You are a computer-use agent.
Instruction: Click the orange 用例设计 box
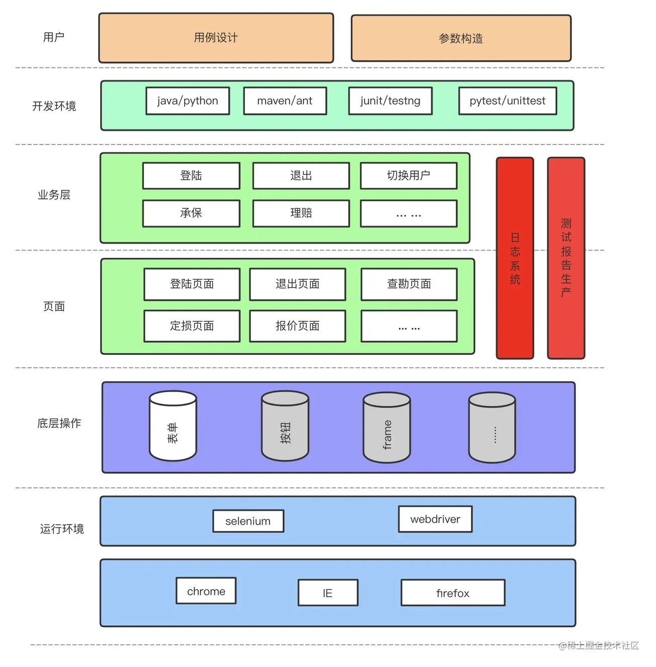point(216,38)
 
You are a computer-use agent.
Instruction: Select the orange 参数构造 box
point(461,38)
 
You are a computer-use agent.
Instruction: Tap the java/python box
point(188,101)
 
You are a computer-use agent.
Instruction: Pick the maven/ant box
point(285,101)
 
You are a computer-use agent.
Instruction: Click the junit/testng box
point(390,101)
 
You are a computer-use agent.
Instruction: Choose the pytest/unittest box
point(508,101)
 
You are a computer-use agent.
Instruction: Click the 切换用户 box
point(408,176)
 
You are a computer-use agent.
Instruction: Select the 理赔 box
point(301,213)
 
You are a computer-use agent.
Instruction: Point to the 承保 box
point(191,213)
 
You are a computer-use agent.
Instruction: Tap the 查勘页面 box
point(409,284)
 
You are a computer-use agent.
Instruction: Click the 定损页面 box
point(192,326)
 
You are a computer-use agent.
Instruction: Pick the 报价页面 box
point(297,326)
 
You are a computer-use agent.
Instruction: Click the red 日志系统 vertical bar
point(515,258)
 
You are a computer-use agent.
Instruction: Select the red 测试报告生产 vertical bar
point(566,258)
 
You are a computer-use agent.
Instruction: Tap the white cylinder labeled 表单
point(173,426)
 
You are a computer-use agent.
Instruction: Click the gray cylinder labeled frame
point(387,427)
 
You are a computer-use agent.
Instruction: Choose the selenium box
point(248,521)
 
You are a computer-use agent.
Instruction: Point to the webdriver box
point(435,519)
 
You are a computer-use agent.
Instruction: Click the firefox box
point(453,593)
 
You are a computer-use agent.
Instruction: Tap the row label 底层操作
point(59,423)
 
